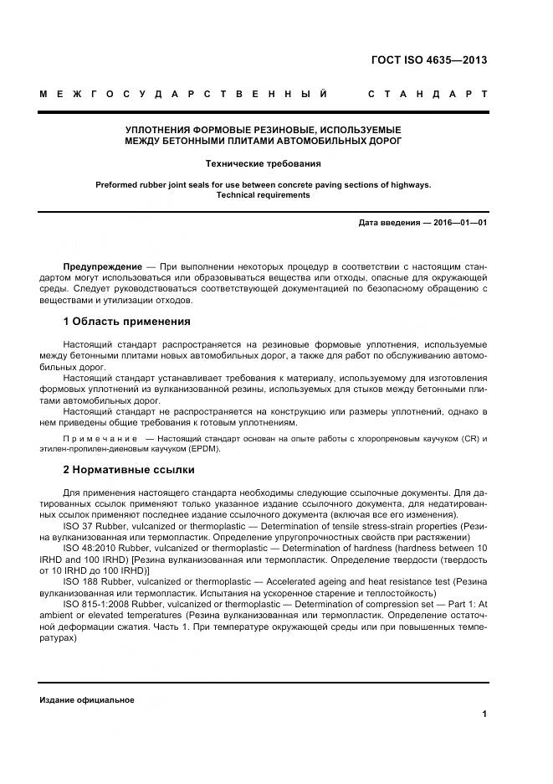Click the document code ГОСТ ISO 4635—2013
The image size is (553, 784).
pyautogui.click(x=428, y=59)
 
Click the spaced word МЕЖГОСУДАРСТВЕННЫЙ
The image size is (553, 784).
pyautogui.click(x=183, y=94)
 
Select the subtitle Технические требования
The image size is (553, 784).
pyautogui.click(x=263, y=164)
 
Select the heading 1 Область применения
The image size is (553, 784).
pyautogui.click(x=126, y=322)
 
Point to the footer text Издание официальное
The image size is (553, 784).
pyautogui.click(x=86, y=699)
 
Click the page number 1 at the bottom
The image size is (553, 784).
pyautogui.click(x=484, y=714)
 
